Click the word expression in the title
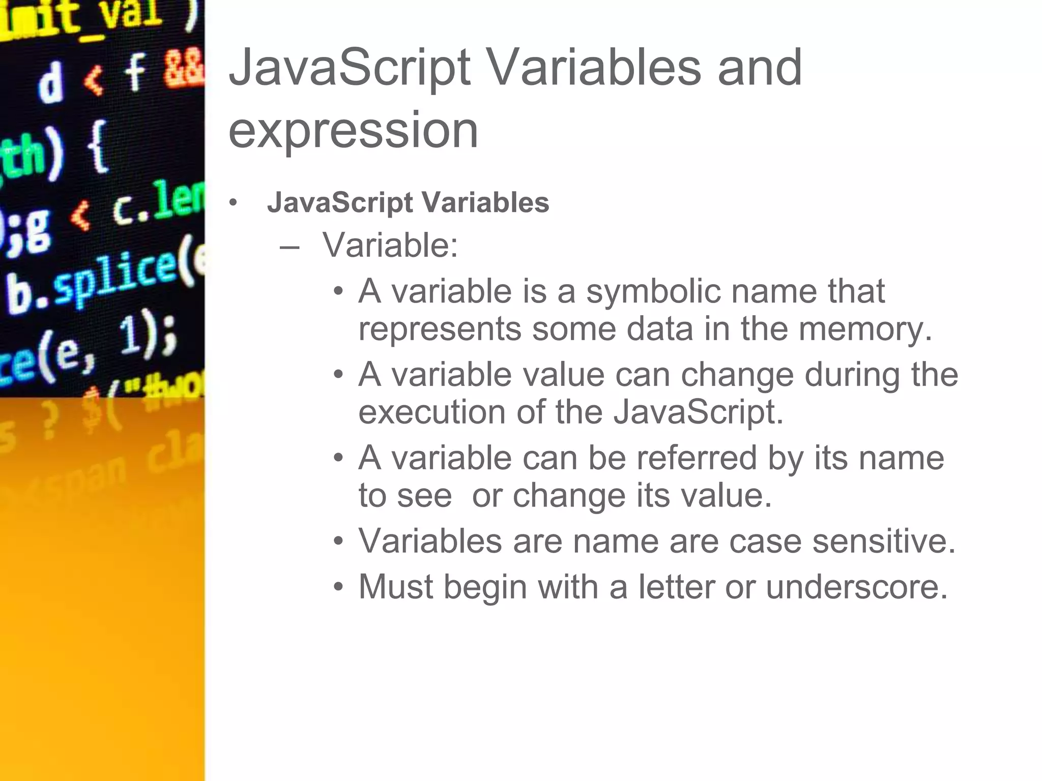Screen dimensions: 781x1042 tap(353, 131)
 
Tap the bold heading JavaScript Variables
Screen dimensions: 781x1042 tap(408, 202)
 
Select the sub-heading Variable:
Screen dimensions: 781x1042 tap(390, 246)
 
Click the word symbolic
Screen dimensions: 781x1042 tap(653, 292)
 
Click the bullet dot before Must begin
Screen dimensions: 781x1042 tap(339, 588)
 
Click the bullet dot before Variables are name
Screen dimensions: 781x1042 tap(339, 542)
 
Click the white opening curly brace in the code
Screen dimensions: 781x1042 tap(98, 147)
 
